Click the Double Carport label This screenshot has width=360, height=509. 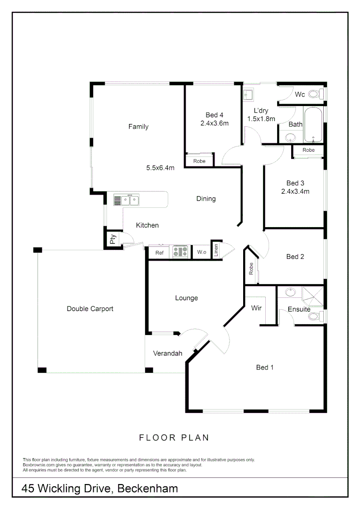pos(90,309)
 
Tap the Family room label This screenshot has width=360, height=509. pos(139,127)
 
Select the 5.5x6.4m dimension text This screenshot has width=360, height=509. pos(161,168)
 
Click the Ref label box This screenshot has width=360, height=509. pos(159,253)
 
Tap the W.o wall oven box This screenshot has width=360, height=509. pos(202,253)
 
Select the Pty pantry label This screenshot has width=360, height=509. pos(113,239)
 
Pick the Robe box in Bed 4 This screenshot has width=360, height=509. pos(199,161)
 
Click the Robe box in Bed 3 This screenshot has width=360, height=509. pos(309,150)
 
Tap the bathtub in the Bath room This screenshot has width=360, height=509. pos(313,125)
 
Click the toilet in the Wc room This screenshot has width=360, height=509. pos(322,94)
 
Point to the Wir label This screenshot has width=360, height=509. pos(256,308)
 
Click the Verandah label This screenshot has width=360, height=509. pos(168,353)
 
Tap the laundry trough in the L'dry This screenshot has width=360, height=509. pos(249,96)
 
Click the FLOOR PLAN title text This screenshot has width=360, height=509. pos(174,438)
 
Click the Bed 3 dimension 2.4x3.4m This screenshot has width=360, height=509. pos(295,191)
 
